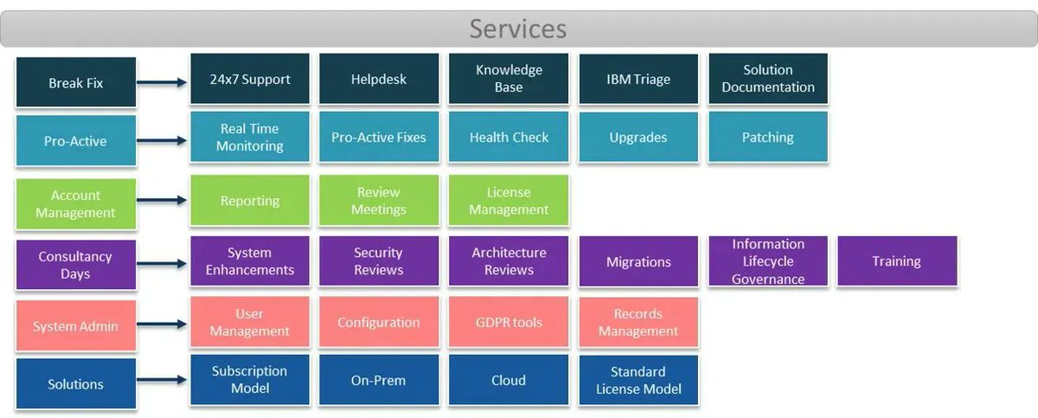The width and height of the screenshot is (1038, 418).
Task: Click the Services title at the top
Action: [x=517, y=29]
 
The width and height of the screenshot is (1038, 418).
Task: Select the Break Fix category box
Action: [x=76, y=83]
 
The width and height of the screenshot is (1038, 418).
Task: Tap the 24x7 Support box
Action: [x=249, y=79]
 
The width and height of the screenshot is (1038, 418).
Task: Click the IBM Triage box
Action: [x=638, y=79]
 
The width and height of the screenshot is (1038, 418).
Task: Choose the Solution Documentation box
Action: [x=768, y=79]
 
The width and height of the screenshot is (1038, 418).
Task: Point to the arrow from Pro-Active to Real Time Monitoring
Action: [x=163, y=140]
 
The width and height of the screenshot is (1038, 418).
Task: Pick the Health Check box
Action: [x=509, y=137]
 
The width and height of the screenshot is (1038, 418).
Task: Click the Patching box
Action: [x=768, y=137]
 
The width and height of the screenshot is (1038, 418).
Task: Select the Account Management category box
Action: [x=76, y=204]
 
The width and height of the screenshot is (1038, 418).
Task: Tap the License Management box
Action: [x=509, y=201]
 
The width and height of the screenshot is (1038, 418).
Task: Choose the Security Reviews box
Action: [x=379, y=261]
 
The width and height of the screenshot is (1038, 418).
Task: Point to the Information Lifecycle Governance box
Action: [x=768, y=261]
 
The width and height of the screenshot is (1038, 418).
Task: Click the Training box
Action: [x=897, y=261]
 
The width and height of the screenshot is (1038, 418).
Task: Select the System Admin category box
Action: [x=76, y=326]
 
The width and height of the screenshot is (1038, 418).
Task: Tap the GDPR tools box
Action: [x=509, y=322]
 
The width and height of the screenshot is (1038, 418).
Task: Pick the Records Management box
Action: [x=638, y=322]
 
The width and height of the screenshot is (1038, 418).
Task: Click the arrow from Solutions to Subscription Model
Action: [x=163, y=381]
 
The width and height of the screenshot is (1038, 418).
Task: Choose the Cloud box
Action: [x=509, y=380]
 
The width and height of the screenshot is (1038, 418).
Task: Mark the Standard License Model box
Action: [x=638, y=380]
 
